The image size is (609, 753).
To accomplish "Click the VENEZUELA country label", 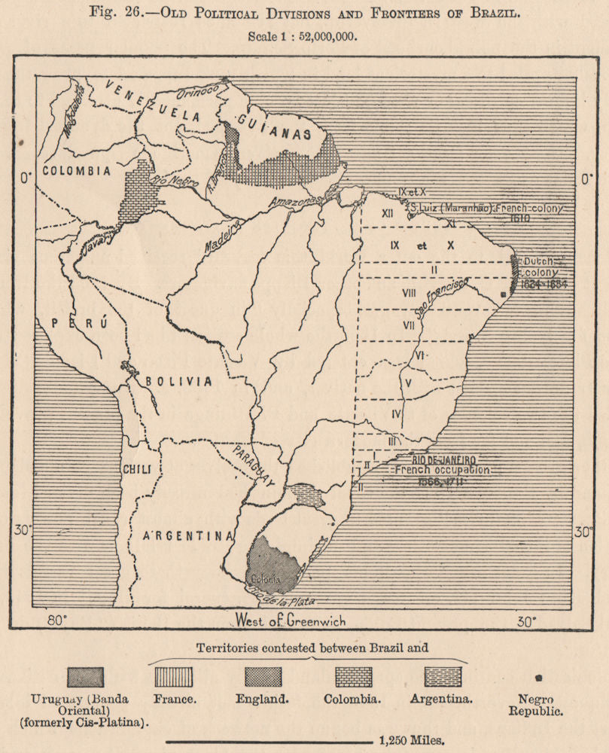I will click(x=154, y=104).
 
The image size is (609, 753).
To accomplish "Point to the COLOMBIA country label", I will click(x=78, y=171).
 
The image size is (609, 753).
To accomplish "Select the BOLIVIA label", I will click(x=179, y=381).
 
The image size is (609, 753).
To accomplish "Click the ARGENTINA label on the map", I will click(x=188, y=536).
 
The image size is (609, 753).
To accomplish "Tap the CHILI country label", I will click(x=136, y=469).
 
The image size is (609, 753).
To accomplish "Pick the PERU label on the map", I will click(x=80, y=322).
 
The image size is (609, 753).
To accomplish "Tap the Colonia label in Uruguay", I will click(x=265, y=579).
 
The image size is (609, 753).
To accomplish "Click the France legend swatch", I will click(x=173, y=677).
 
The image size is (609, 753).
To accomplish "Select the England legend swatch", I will click(x=263, y=677).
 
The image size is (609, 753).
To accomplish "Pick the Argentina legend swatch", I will click(x=441, y=677).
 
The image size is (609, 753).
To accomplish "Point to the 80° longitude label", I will click(x=57, y=621).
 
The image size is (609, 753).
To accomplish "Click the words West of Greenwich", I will click(x=290, y=621).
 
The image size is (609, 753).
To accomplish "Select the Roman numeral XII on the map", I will click(x=388, y=213).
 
